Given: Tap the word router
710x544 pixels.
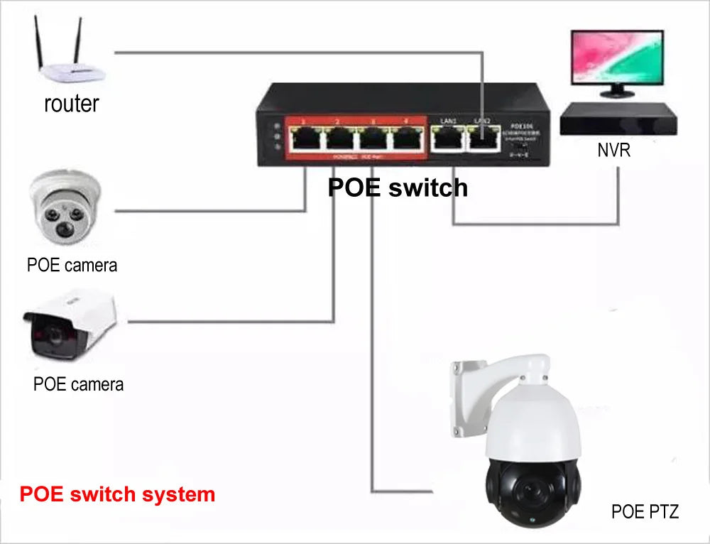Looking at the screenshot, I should click(x=71, y=104).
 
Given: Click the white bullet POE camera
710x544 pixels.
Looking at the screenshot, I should click(x=69, y=323).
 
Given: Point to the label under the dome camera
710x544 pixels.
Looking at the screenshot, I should click(x=72, y=265).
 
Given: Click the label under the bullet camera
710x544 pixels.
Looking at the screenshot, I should click(x=78, y=384).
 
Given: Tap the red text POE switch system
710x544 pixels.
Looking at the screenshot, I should click(x=117, y=494).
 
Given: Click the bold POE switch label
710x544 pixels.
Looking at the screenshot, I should click(x=398, y=187).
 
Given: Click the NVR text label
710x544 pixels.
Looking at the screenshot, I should click(x=614, y=151).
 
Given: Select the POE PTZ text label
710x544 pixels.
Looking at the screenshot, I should click(x=644, y=511).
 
